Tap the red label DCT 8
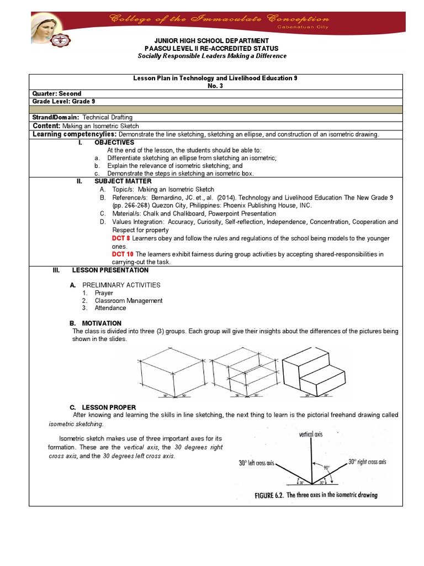tap(122, 238)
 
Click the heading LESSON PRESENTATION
tap(110, 270)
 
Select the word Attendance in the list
tap(110, 308)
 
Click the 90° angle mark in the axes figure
tap(326, 468)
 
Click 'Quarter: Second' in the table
tap(57, 93)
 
